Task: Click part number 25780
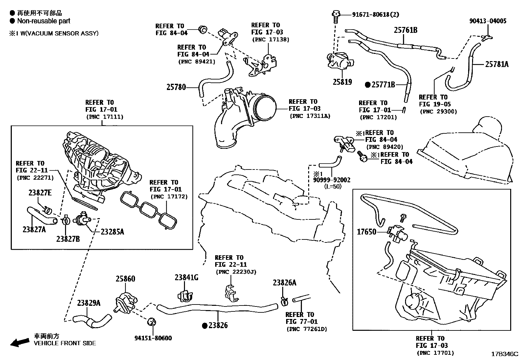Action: click(x=176, y=87)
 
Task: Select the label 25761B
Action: click(x=406, y=30)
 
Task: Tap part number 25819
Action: click(x=342, y=82)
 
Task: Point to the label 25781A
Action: click(x=497, y=64)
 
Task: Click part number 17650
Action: click(x=367, y=232)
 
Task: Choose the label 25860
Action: click(x=125, y=279)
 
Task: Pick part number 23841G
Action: click(x=186, y=278)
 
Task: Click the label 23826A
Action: click(x=284, y=282)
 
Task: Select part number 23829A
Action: click(x=89, y=303)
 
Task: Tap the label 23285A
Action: click(x=112, y=232)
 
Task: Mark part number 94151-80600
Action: click(x=153, y=338)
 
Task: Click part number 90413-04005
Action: click(x=488, y=21)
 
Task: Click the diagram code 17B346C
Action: click(x=505, y=354)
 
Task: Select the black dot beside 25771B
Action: click(x=368, y=85)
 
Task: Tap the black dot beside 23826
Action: click(x=205, y=326)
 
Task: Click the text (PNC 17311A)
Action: click(x=310, y=116)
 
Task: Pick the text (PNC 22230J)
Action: click(x=236, y=272)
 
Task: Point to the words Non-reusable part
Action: click(x=44, y=21)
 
